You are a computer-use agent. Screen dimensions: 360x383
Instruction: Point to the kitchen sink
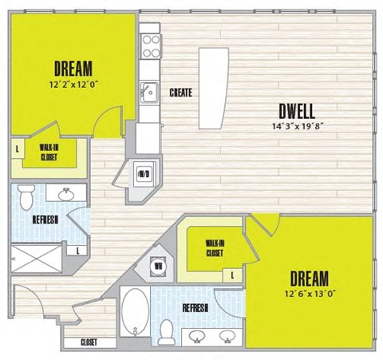(x=148, y=90)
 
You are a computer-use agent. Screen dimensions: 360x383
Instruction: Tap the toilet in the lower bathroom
(x=167, y=329)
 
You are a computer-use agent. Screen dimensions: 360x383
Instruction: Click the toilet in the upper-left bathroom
(x=26, y=194)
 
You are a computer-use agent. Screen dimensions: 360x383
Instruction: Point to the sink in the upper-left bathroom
(x=64, y=195)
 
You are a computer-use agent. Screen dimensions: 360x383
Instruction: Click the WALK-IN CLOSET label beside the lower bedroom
(x=214, y=248)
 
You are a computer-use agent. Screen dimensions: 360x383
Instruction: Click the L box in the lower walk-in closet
(x=232, y=275)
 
